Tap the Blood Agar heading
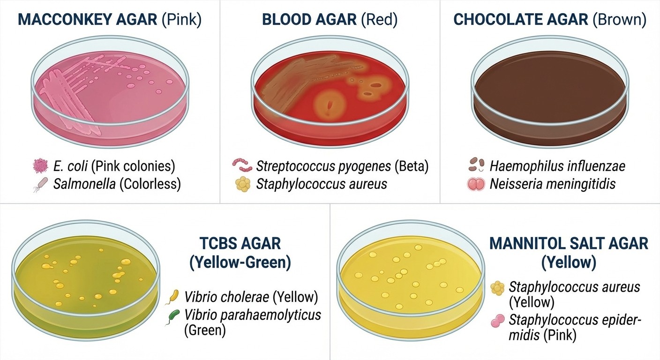(x=330, y=20)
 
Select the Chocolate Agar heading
(x=550, y=20)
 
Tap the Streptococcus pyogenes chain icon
(x=242, y=166)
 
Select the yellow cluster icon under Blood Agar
(x=242, y=184)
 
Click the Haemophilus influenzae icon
(x=476, y=166)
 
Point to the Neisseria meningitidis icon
(x=476, y=184)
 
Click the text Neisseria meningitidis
(x=552, y=184)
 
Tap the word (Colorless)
(x=150, y=184)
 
